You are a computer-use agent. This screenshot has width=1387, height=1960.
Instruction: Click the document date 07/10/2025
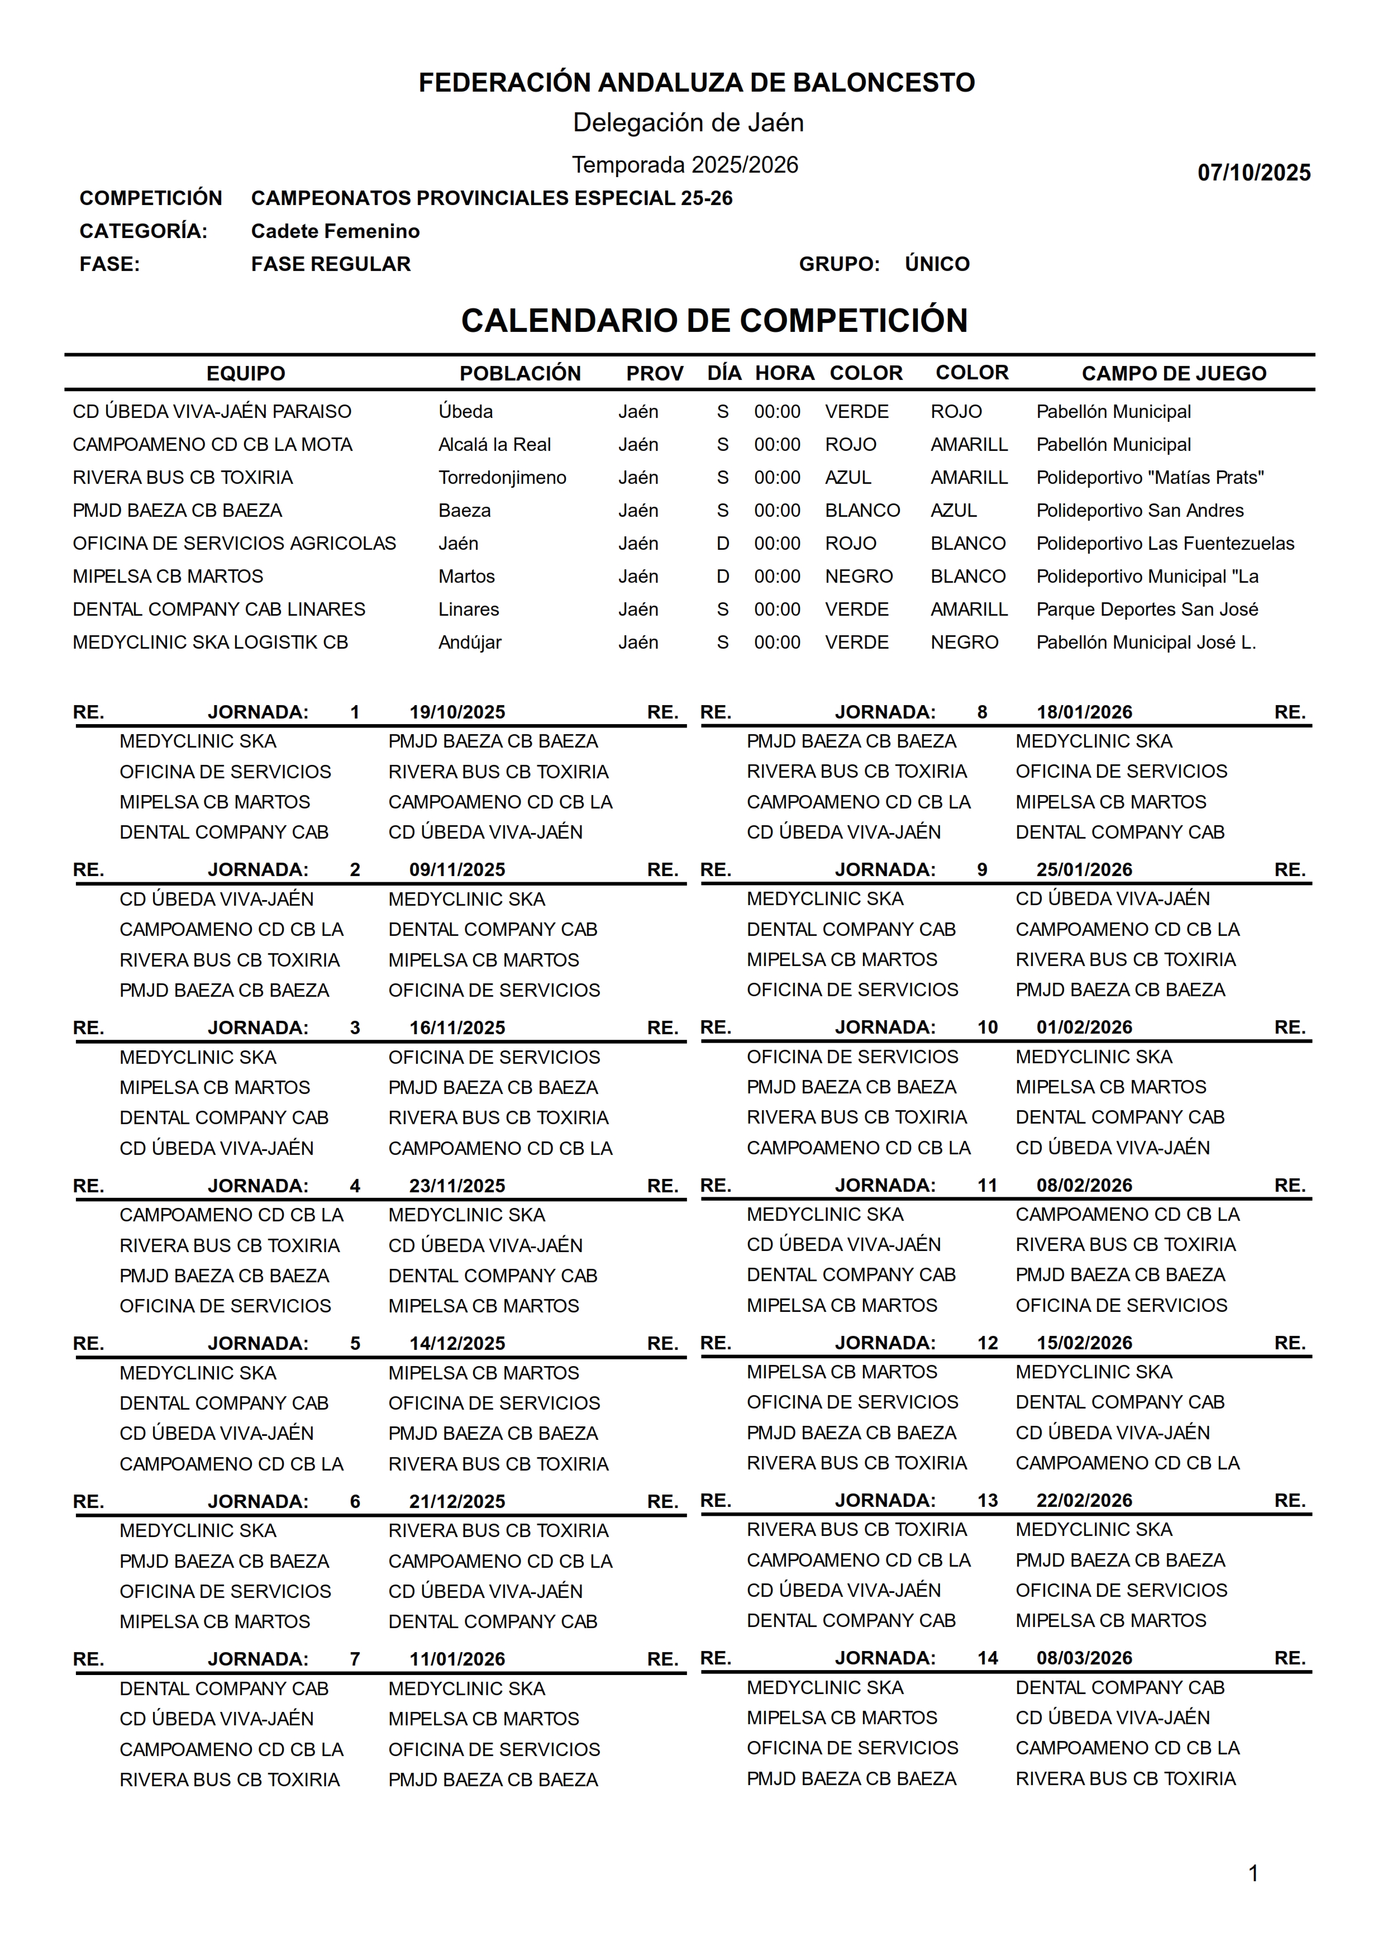click(1253, 173)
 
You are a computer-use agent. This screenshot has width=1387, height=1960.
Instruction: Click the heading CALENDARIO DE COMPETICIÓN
click(714, 320)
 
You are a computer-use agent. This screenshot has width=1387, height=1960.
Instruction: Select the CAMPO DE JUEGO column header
click(1174, 373)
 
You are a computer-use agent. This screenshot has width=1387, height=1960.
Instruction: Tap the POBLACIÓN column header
click(519, 373)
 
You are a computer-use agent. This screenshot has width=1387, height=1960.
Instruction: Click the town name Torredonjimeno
click(502, 477)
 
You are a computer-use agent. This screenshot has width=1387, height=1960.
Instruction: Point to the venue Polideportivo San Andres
click(1140, 511)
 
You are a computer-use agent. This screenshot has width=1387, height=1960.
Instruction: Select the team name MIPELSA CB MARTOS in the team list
click(168, 577)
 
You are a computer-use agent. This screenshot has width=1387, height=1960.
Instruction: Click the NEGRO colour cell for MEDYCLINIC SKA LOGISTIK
click(964, 642)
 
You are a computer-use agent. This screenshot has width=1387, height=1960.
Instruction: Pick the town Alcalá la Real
click(494, 445)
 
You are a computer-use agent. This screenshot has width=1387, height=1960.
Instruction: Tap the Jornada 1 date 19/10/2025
click(457, 712)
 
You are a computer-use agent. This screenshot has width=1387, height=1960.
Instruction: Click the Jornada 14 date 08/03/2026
click(1084, 1658)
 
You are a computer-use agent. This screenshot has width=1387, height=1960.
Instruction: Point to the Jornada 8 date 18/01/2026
click(1084, 712)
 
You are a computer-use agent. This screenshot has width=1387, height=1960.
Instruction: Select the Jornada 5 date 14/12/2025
click(457, 1343)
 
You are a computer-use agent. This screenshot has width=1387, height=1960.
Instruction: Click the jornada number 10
click(987, 1027)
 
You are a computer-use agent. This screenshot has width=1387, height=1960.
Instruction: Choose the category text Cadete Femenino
click(335, 231)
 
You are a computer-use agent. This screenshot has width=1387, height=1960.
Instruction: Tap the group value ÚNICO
click(937, 264)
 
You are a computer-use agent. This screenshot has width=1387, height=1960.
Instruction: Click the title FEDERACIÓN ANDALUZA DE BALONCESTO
click(696, 83)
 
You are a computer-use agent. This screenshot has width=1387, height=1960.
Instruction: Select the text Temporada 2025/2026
click(685, 165)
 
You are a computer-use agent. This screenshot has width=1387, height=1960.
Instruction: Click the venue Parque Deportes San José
click(1147, 610)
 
